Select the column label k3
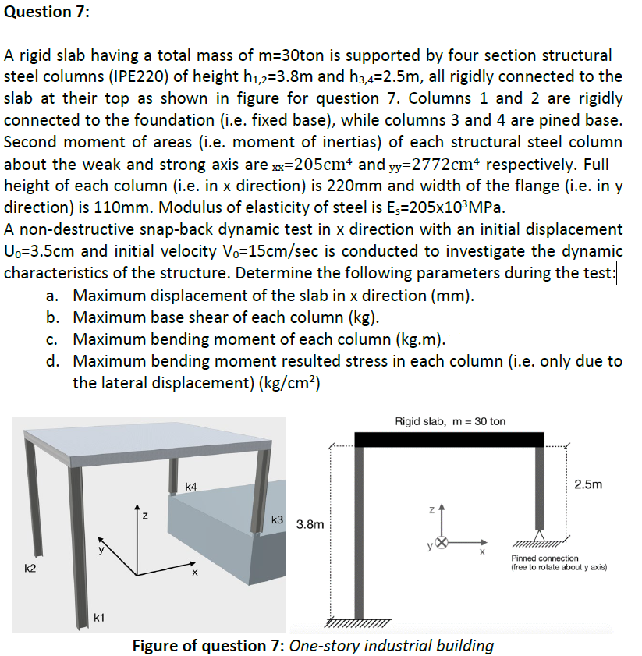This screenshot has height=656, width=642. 277,519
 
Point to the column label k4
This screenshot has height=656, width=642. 191,487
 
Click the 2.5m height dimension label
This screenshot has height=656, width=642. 587,484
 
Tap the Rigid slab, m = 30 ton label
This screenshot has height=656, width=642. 450,421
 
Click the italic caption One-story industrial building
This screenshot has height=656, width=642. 392,645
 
